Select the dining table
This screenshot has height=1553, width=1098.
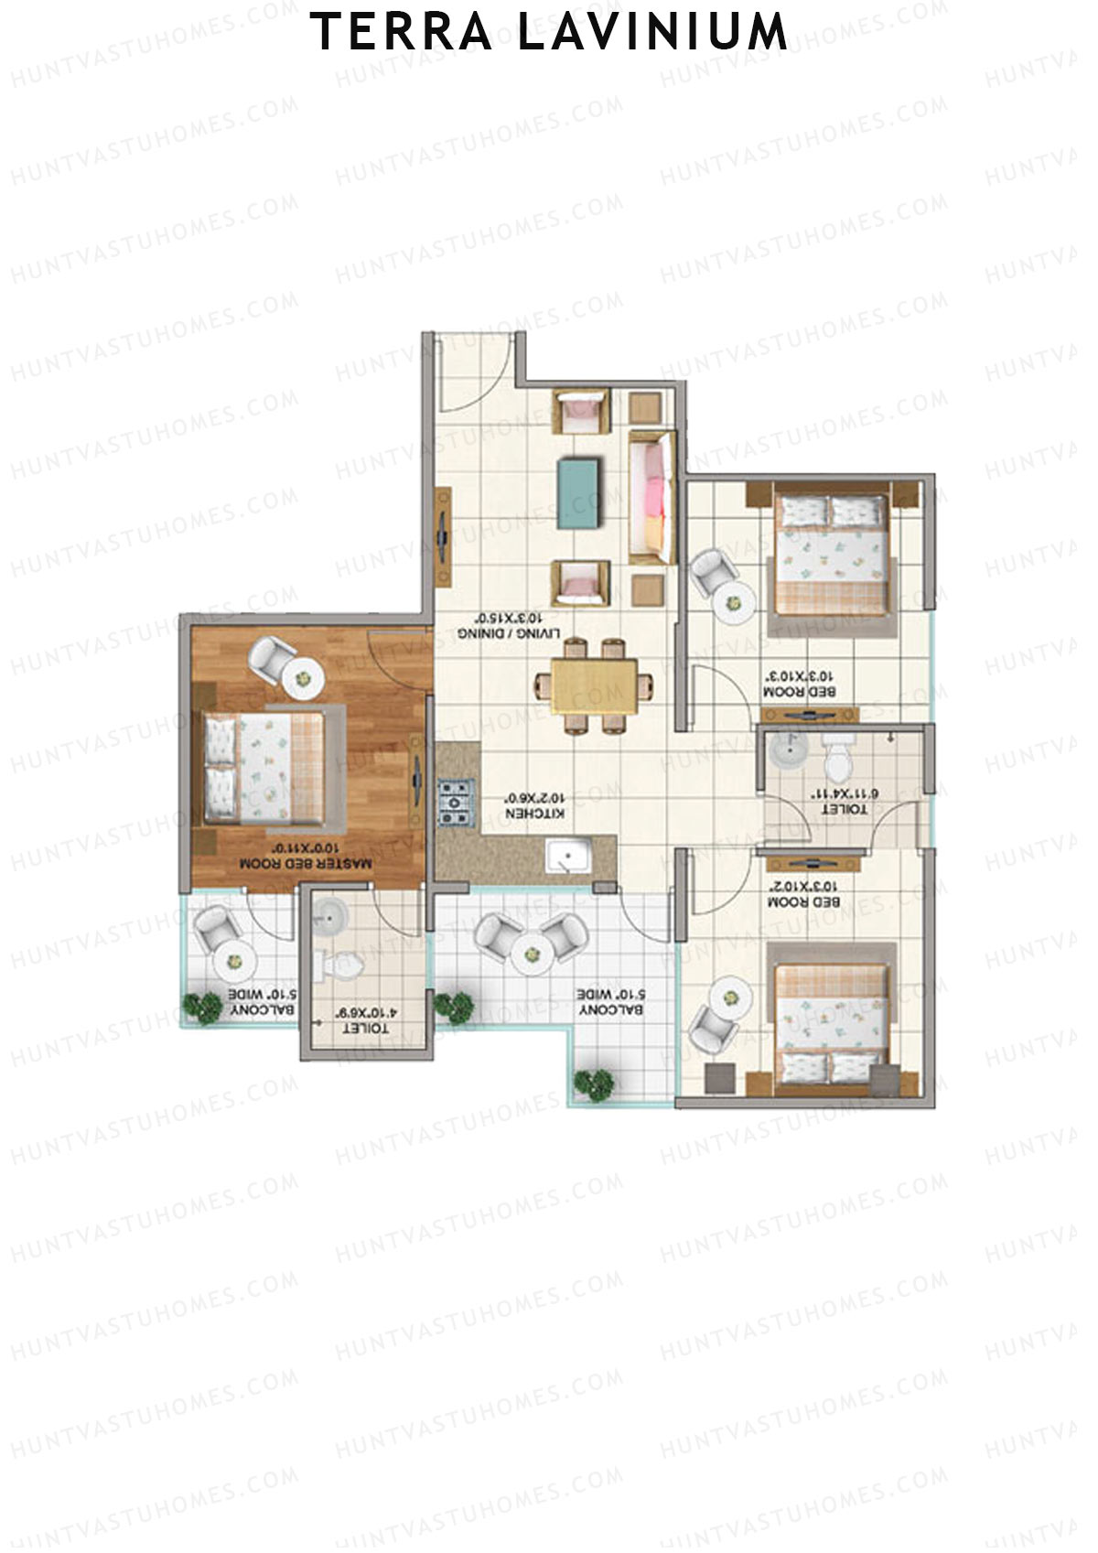595,685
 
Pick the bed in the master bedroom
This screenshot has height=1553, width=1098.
265,766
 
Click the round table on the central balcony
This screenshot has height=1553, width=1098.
530,954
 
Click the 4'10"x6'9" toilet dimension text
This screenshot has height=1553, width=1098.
366,1014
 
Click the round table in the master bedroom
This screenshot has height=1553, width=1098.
303,678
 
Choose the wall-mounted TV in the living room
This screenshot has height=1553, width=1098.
443,535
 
